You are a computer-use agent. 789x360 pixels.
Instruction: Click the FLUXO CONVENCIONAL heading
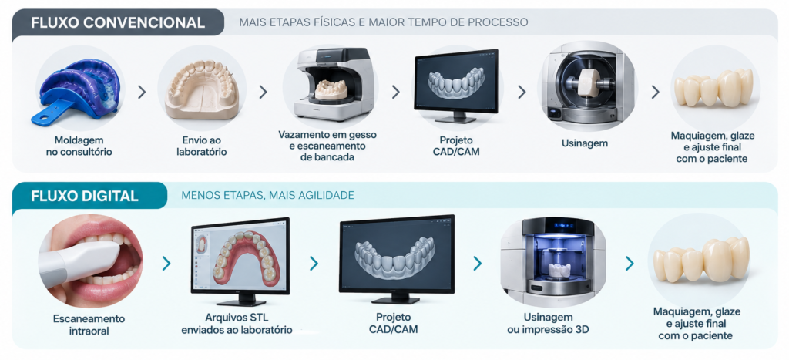tap(118, 22)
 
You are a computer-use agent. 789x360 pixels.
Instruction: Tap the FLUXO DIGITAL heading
tap(85, 195)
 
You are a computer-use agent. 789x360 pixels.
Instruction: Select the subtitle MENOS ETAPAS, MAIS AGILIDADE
tap(267, 195)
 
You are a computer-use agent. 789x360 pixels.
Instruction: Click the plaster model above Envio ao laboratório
tap(202, 89)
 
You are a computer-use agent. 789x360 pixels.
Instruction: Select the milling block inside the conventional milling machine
tap(588, 82)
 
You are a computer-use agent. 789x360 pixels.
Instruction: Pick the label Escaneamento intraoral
tap(89, 324)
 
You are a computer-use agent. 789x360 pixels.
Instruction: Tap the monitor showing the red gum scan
tap(240, 261)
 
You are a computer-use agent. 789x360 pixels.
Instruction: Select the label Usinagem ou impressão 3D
tap(548, 323)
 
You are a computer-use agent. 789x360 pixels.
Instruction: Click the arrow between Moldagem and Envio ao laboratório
tap(142, 92)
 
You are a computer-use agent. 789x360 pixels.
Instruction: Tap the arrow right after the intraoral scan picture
tap(166, 264)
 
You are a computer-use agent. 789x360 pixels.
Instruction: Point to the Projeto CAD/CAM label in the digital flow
tap(393, 323)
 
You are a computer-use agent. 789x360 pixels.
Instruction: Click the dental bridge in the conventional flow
tap(713, 88)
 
